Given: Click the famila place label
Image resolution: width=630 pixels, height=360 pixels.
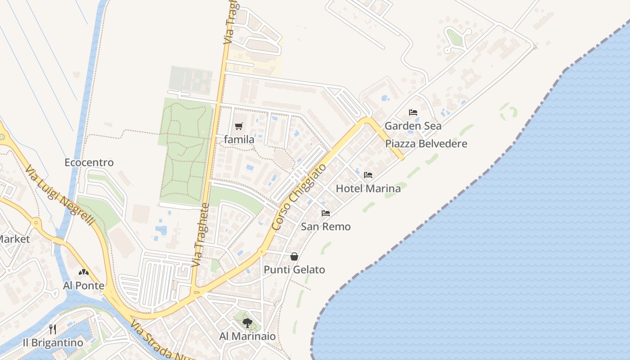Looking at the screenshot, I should coord(239,139).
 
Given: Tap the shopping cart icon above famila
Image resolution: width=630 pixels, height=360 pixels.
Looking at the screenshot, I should coord(239,126).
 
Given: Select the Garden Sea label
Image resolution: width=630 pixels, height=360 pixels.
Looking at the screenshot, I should coord(413,126).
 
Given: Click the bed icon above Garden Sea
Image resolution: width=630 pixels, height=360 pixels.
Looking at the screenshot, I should coord(413,112).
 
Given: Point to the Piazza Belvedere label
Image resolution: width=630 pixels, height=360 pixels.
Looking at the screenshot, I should coord(426,144).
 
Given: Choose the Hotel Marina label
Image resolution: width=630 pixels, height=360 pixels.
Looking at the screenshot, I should coord(368,189).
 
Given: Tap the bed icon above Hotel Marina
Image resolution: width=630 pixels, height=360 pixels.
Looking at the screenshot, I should coord(368,175).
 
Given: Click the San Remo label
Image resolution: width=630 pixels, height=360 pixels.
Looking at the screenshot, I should coord(325,226).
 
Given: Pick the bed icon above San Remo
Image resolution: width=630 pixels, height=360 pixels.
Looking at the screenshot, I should coord(325,213).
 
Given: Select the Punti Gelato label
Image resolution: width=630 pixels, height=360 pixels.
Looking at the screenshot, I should coord(294,270).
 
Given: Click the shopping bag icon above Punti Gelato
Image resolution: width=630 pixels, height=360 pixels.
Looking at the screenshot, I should coord(294,256).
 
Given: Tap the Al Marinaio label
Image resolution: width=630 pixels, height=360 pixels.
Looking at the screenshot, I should coord(247,337).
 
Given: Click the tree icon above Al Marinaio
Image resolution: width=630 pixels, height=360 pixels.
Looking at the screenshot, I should coord(247,323).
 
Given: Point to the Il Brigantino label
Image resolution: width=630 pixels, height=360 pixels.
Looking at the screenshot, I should coord(53,343).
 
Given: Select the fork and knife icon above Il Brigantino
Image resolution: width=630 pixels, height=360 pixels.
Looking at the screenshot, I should coord(53,329).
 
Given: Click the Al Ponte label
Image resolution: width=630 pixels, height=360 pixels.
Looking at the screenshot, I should coord(84,286).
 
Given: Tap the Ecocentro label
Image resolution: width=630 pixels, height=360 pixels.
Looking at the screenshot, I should coord(89,162).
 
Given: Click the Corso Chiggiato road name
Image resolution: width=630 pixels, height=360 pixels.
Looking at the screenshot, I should coord(299,198).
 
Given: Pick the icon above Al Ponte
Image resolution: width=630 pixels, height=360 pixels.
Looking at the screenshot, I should coord(84,272).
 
